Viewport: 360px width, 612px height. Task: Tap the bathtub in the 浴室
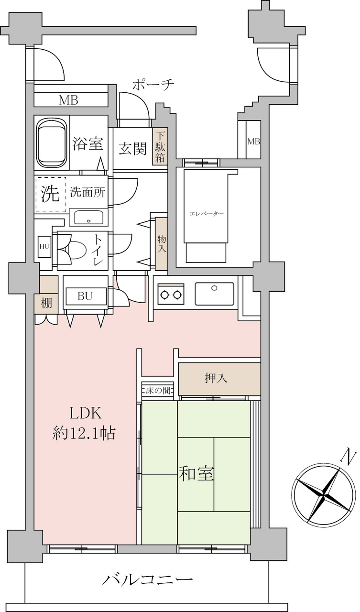[x=52, y=143]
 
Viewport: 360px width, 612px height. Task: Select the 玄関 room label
[x=133, y=149]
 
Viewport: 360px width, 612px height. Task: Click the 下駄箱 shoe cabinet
[x=160, y=146]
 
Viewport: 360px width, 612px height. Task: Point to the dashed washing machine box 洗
[x=51, y=194]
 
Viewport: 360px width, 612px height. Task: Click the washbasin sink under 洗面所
[x=88, y=218]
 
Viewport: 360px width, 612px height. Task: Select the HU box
[x=44, y=247]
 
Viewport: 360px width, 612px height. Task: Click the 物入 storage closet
[x=162, y=244]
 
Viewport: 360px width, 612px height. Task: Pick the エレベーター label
[x=207, y=213]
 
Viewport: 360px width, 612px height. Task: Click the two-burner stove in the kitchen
[x=171, y=294]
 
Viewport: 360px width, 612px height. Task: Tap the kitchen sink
[x=214, y=294]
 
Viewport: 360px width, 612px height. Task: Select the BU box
[x=85, y=296]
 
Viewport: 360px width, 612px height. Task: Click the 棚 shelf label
[x=46, y=303]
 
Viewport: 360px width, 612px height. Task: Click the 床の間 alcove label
[x=158, y=391]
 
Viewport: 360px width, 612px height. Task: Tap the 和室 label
[x=196, y=473]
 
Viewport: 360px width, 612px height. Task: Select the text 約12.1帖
[x=84, y=433]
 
